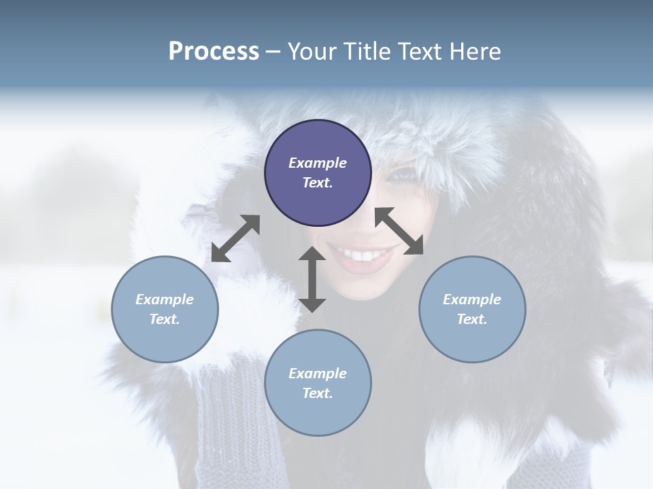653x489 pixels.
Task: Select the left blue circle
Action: click(x=165, y=309)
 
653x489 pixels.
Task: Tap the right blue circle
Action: click(x=472, y=309)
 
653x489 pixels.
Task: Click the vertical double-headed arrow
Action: click(x=312, y=279)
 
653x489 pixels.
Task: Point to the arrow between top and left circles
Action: click(x=235, y=238)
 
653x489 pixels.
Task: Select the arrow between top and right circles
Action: click(x=399, y=231)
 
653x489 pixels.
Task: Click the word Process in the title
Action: click(x=214, y=51)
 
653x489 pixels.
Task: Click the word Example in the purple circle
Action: click(x=318, y=163)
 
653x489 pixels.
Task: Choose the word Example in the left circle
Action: click(x=165, y=300)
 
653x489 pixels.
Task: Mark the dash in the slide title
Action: click(x=273, y=52)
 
